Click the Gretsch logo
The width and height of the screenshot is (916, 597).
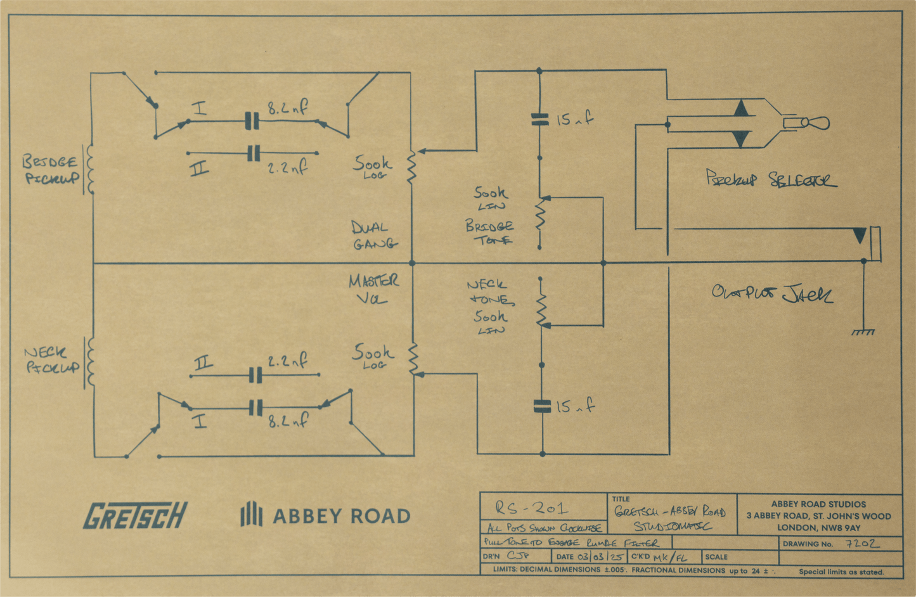coord(135,515)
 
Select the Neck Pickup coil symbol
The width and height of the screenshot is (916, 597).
coord(89,361)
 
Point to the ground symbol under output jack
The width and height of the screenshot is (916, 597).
coord(863,331)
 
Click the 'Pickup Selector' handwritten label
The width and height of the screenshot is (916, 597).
coord(771,179)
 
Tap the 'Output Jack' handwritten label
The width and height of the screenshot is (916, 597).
coord(772,293)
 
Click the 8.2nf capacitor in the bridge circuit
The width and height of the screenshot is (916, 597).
coord(252,120)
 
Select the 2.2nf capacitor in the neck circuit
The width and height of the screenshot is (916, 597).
coord(255,376)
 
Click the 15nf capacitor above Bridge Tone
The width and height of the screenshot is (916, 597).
coord(539,119)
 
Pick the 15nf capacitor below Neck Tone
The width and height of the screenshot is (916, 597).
coord(542,406)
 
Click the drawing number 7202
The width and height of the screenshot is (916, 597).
coord(862,544)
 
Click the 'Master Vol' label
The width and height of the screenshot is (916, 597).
coord(373,289)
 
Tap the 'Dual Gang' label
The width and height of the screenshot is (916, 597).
coord(373,235)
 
